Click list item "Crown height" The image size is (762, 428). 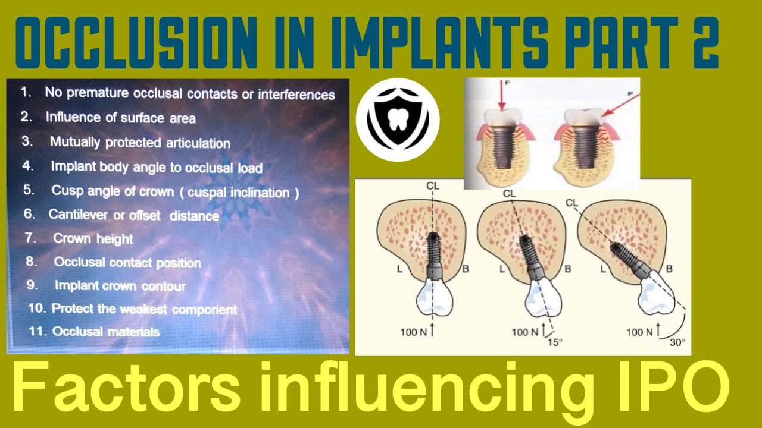[93, 239]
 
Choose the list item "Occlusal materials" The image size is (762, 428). [105, 332]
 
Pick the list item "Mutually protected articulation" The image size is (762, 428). [140, 143]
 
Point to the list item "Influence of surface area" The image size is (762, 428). [120, 118]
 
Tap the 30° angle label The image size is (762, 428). [677, 343]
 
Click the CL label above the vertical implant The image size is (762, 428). [433, 186]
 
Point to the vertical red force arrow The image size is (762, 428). [501, 97]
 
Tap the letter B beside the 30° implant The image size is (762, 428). [669, 269]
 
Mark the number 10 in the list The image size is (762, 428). [36, 309]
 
